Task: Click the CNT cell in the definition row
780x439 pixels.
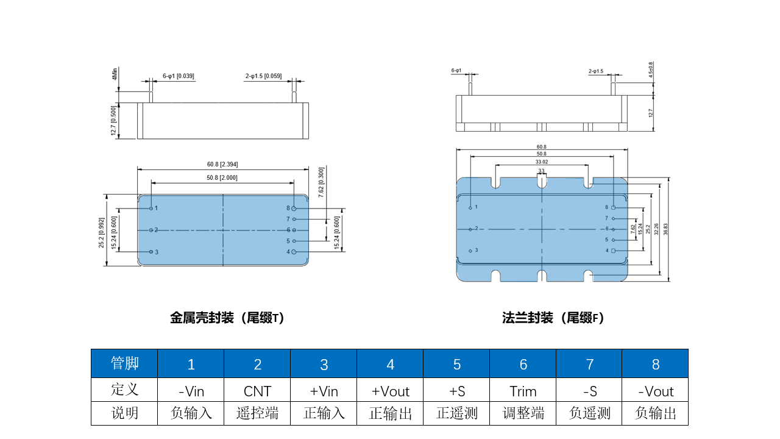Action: coord(257,391)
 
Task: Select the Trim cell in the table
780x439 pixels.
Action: coord(523,391)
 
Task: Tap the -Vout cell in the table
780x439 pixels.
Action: coord(655,391)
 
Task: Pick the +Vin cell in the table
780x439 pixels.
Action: coord(324,391)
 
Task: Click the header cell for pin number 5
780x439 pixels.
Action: coord(456,364)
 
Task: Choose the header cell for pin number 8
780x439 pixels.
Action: coord(655,364)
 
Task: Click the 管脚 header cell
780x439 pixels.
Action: coord(124,363)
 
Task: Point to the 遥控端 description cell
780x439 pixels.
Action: coord(257,413)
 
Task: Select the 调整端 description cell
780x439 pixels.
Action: coord(523,413)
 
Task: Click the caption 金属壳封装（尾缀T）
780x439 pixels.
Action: coord(227,318)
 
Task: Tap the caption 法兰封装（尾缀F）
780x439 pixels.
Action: coord(553,318)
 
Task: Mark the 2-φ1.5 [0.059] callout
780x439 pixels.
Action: coord(263,76)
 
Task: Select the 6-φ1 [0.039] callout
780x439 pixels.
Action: coord(178,76)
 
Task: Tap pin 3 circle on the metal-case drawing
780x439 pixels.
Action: coord(151,252)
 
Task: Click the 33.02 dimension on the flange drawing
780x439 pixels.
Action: coord(541,162)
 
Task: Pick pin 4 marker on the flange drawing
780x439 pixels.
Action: coord(614,251)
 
